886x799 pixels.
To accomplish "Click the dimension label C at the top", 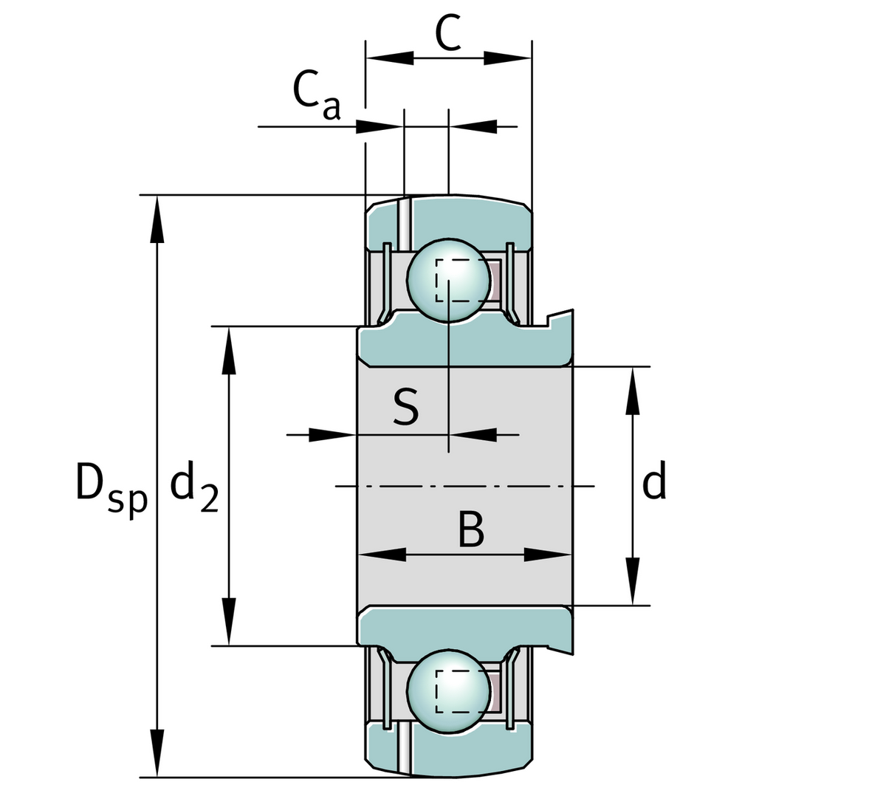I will click(448, 33).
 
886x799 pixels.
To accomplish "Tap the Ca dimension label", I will click(316, 95).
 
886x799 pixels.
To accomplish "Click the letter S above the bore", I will click(405, 408).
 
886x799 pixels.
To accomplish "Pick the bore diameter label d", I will click(654, 481).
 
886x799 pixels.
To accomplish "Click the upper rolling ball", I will click(448, 279).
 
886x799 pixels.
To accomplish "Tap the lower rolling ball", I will click(448, 690).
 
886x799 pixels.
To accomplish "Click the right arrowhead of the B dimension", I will click(547, 555).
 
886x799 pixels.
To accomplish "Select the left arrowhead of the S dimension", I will click(333, 434).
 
